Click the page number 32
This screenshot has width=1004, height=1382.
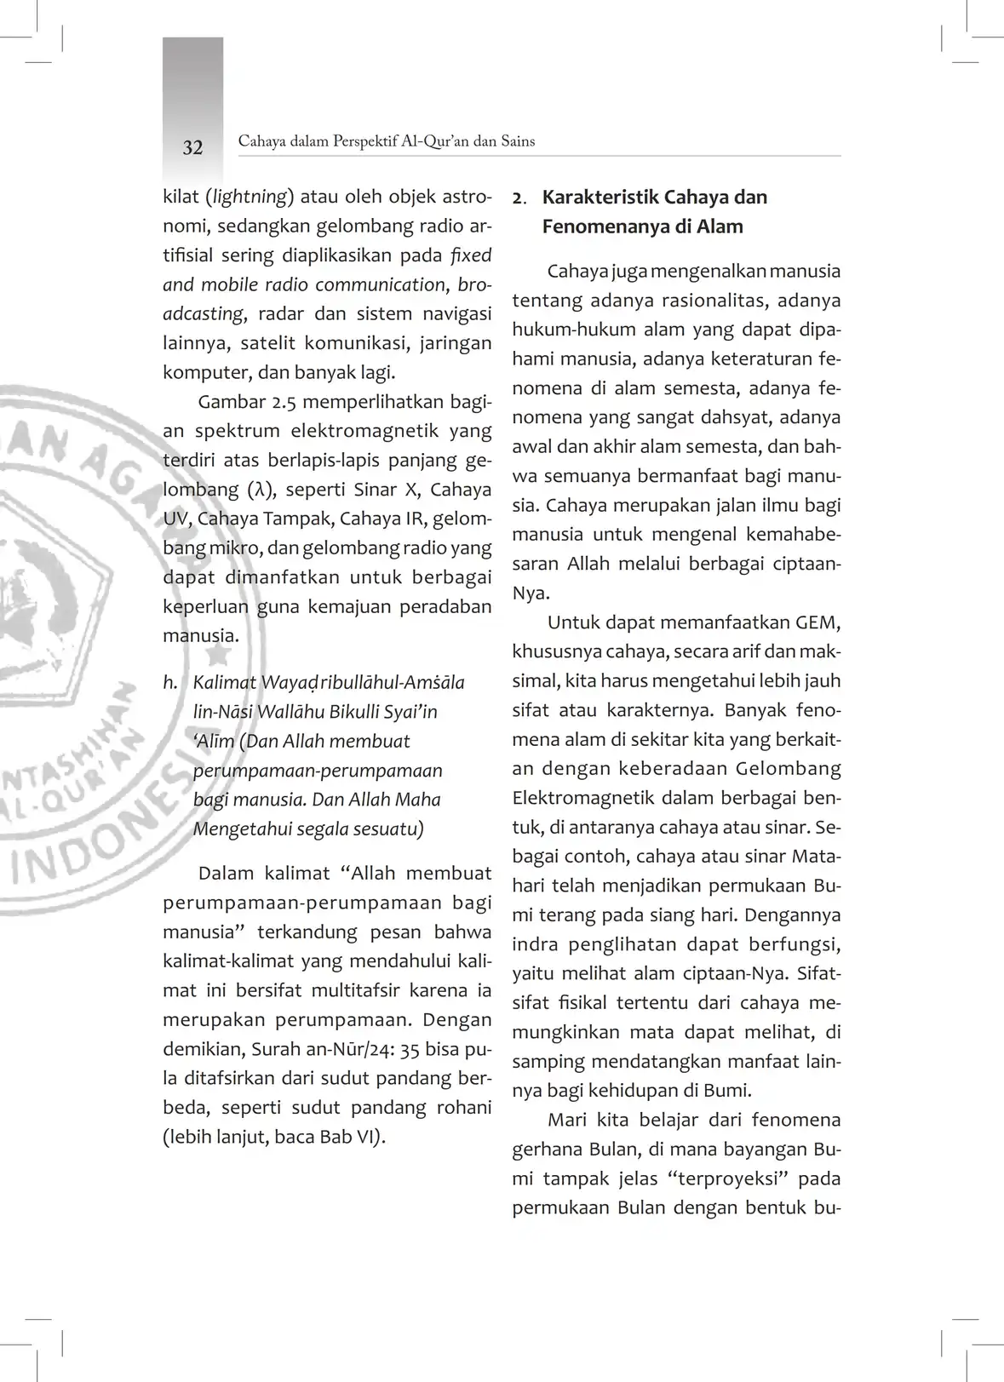193,147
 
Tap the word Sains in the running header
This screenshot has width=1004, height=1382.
518,141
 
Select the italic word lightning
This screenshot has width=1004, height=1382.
250,198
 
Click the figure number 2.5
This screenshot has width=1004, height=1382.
281,402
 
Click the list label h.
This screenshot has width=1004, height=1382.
170,683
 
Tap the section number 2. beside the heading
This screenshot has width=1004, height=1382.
519,198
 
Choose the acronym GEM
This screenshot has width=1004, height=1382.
818,622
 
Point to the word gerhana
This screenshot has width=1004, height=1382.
547,1150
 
